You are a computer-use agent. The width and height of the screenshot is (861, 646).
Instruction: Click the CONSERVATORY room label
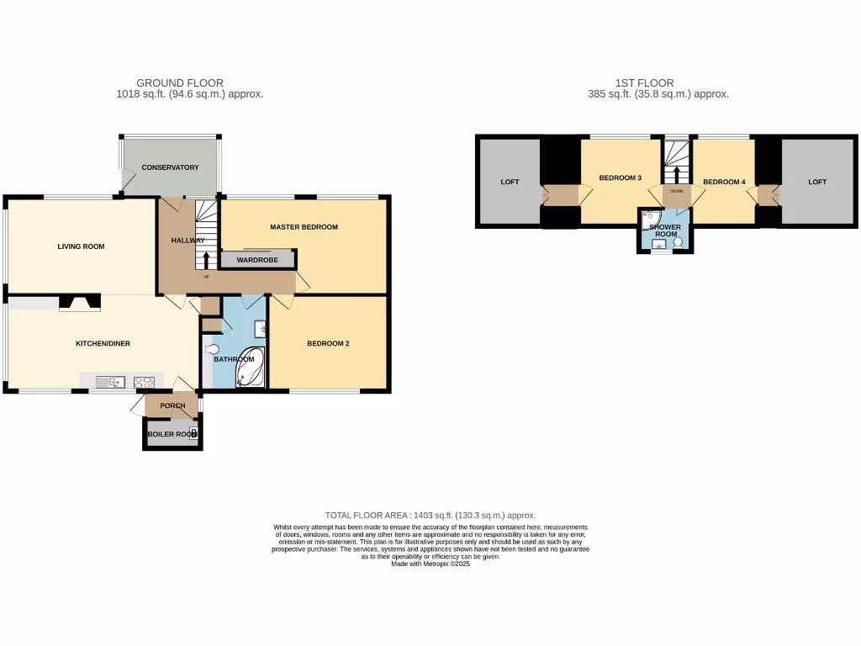click(170, 167)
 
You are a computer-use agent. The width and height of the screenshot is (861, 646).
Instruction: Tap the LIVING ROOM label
click(81, 246)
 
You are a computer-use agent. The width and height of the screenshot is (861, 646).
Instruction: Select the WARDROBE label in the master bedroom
click(257, 260)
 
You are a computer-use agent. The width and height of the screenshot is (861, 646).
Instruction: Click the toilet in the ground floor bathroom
click(212, 350)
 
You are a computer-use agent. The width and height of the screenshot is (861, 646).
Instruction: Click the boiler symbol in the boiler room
click(194, 434)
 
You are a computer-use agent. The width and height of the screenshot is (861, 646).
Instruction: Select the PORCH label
click(172, 405)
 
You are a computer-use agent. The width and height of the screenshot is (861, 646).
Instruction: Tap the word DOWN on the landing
click(676, 191)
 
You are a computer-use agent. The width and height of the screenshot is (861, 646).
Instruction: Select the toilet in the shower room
click(678, 242)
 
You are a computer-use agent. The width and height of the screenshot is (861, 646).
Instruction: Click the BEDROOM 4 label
click(723, 182)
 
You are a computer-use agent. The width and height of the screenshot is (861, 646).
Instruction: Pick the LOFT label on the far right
click(817, 182)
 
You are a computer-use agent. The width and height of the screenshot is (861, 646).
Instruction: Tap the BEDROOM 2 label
click(328, 343)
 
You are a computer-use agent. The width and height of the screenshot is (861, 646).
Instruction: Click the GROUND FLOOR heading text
click(180, 83)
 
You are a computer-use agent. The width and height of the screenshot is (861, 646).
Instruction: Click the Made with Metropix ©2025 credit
click(430, 564)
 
